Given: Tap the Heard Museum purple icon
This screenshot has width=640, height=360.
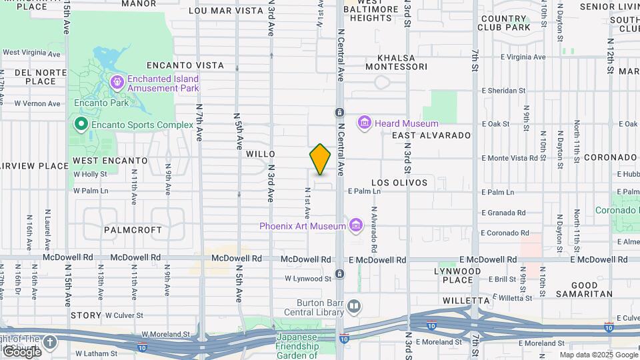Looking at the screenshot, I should coord(364,123).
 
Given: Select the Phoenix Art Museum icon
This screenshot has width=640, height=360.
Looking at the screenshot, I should coord(356,225).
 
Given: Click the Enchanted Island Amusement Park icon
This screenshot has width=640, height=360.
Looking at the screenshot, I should coord(117,83).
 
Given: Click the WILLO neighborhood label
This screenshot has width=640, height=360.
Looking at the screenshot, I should coord(260,153).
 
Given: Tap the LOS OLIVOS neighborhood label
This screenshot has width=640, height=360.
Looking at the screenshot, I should coord(399,182).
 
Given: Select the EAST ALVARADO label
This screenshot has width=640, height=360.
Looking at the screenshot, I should coord(431,135).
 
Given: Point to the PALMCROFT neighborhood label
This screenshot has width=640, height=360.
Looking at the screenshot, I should coord(133,229).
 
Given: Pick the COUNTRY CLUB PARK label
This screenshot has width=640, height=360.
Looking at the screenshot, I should coord(504,23).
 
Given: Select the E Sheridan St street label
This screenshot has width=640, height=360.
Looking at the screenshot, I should coord(503,91).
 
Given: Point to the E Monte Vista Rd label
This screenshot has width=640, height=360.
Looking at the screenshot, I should coord(509,158).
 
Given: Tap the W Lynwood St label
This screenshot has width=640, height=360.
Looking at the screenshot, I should coord(307,279).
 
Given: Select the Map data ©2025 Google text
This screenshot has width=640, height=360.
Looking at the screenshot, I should coord(598,355).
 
